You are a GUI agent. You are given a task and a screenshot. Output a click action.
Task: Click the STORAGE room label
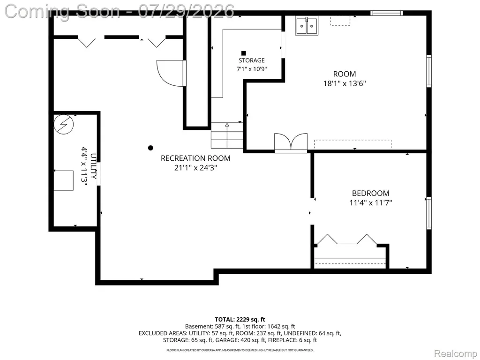click(252, 60)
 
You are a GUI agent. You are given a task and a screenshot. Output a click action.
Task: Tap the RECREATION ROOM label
click(195, 158)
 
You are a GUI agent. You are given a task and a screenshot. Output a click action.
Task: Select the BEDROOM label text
click(371, 193)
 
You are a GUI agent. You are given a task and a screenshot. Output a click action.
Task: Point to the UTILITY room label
click(94, 166)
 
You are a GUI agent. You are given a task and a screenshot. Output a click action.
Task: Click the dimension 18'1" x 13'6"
click(345, 83)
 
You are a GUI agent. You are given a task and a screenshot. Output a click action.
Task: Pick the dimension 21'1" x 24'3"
click(195, 168)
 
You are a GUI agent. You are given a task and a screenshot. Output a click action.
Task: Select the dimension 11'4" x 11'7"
click(371, 202)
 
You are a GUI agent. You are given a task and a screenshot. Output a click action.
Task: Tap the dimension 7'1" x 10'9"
click(252, 69)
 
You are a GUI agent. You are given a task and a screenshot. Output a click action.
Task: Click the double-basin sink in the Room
click(307, 26)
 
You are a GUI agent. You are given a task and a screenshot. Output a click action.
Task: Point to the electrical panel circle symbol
click(64, 125)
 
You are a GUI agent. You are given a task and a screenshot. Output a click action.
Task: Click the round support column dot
click(150, 148)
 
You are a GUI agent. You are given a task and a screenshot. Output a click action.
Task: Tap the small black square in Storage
click(244, 53)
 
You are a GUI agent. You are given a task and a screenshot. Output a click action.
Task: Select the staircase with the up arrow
click(227, 135)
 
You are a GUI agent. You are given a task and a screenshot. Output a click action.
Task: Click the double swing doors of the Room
click(291, 142)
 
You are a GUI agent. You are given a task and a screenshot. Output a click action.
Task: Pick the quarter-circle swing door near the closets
click(170, 74)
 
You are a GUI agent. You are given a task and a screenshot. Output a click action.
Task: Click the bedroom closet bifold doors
click(347, 240)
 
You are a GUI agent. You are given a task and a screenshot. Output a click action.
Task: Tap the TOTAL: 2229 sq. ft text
click(240, 320)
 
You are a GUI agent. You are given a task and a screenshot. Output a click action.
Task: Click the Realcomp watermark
click(456, 353)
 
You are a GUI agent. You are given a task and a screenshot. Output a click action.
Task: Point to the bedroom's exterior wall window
click(429, 213)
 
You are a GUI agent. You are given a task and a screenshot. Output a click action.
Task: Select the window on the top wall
click(386, 13)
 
